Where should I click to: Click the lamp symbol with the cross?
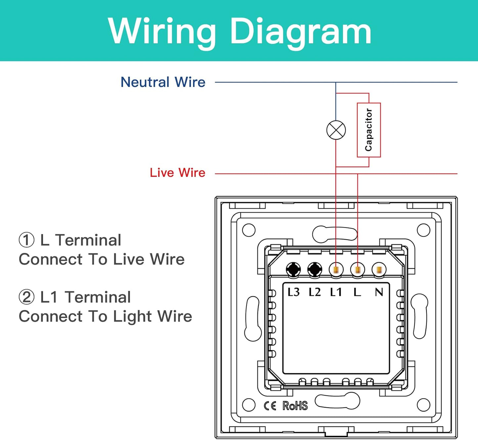point(336,130)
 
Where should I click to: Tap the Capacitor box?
point(369,130)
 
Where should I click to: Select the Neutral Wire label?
point(163,82)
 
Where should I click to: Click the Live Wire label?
point(177,173)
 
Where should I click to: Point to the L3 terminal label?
point(293,292)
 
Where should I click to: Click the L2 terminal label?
point(315,292)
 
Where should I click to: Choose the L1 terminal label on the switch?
point(336,292)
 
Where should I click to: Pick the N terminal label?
point(379,292)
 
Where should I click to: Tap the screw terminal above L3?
point(293,270)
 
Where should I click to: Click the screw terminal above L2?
point(315,270)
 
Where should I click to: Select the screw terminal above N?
point(379,270)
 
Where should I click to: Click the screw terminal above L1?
point(336,270)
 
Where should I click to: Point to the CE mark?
point(270,406)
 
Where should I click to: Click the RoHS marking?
point(295,406)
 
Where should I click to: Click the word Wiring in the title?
point(162,32)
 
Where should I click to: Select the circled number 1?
point(26,240)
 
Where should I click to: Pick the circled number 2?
point(26,297)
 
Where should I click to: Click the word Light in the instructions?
point(132,317)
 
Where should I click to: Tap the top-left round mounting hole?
point(249,230)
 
